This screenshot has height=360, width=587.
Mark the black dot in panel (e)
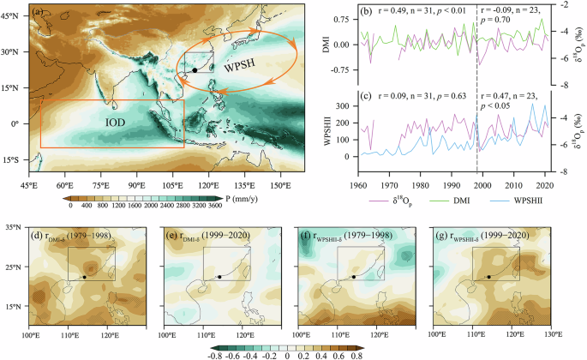point(219,277)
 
